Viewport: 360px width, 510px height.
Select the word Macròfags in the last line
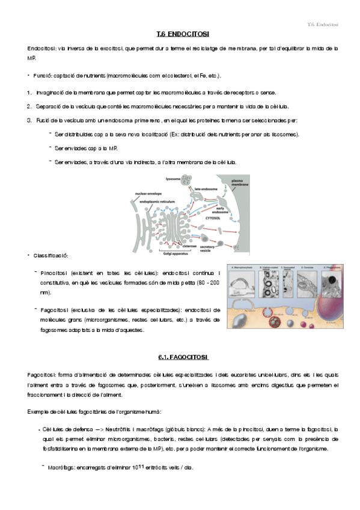61,467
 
